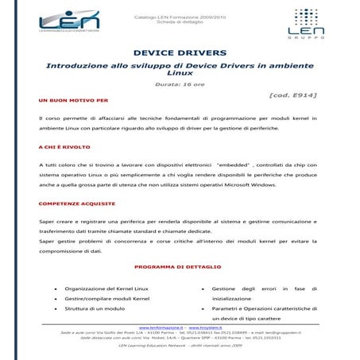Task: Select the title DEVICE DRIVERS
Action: (180, 52)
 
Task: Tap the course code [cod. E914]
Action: (293, 95)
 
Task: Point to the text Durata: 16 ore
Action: (180, 83)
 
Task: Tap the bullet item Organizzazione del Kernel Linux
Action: (106, 288)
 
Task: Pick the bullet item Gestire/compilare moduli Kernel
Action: (107, 298)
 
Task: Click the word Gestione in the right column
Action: (223, 288)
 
